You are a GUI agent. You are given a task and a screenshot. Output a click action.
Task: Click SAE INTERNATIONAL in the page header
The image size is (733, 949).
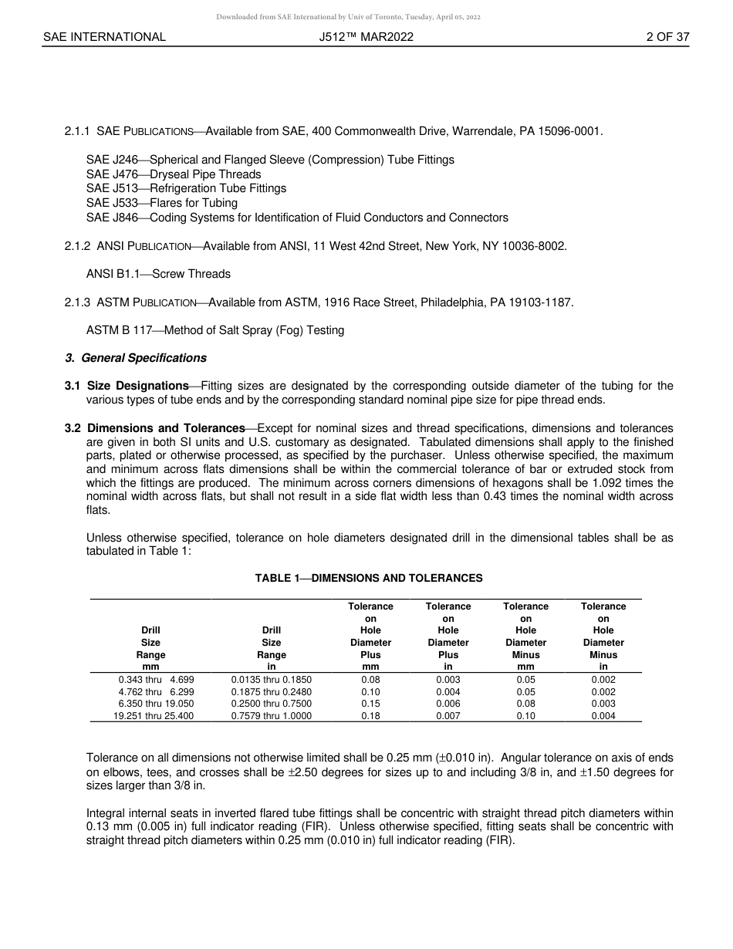tap(104, 36)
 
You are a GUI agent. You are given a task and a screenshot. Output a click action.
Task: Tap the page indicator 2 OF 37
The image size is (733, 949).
tap(667, 36)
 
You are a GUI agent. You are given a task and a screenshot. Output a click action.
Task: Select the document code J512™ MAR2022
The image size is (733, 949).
tap(366, 36)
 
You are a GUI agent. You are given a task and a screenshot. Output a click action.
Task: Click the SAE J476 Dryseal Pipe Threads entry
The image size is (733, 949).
tap(174, 174)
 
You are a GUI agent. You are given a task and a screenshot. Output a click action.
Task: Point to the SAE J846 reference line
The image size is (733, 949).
tap(297, 218)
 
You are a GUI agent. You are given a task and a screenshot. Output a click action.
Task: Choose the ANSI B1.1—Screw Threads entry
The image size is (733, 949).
tap(158, 274)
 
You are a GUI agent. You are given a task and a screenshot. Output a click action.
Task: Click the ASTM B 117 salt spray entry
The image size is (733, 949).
tap(215, 330)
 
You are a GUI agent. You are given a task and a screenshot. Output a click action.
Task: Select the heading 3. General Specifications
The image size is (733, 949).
tap(136, 358)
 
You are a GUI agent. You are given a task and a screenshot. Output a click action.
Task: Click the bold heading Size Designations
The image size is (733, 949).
tap(138, 386)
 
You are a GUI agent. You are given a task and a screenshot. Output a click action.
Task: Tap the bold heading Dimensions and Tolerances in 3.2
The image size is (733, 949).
tap(166, 428)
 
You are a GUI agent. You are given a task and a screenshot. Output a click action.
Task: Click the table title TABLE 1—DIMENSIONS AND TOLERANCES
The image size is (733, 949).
tap(369, 578)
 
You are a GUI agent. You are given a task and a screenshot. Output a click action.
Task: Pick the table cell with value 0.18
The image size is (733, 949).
tap(370, 716)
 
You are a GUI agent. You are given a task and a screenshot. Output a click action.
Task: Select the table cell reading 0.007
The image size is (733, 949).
tap(448, 716)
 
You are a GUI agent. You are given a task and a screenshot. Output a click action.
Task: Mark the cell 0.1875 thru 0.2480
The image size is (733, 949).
tap(272, 691)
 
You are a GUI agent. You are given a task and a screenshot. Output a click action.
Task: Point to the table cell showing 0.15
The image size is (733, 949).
tap(370, 704)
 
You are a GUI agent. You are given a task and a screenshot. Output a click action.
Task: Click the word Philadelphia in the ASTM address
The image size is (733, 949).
tap(453, 302)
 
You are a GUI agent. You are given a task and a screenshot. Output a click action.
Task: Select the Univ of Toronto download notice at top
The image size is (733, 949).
tap(366, 17)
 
